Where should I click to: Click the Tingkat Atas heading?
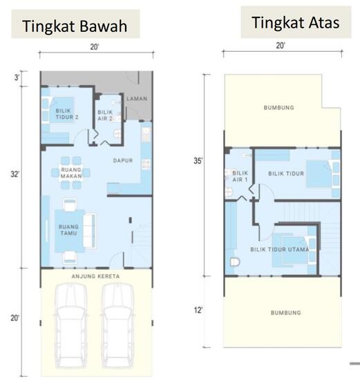(295, 22)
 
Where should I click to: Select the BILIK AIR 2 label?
(105, 115)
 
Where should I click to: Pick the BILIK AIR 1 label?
(240, 176)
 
